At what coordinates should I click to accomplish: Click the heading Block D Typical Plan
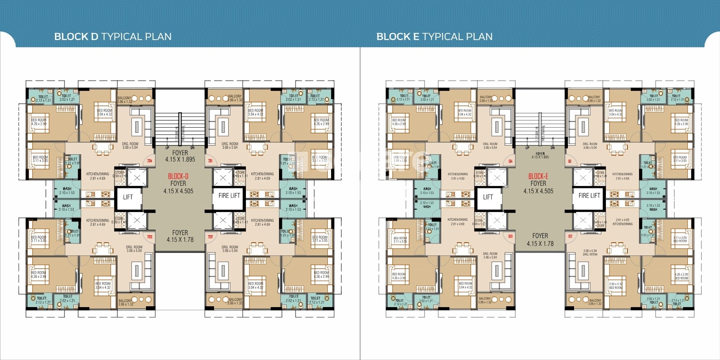pos(112,36)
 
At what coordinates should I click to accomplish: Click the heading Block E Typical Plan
pos(434,36)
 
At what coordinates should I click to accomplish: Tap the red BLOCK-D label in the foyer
pos(178,176)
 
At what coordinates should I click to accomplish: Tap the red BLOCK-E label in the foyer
pos(538,176)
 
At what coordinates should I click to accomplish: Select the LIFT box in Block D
pos(128,197)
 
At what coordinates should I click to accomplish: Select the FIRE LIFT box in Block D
pos(229,195)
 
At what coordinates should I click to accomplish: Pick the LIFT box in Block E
pos(488,197)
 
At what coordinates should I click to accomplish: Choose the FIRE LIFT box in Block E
pos(589,195)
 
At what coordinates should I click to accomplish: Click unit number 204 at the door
pos(150,161)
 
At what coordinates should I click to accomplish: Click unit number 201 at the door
pos(210,161)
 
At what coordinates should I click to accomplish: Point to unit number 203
pos(150,237)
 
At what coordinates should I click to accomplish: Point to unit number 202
pos(210,237)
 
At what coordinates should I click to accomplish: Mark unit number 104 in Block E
pos(510,161)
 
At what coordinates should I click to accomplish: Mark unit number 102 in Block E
pos(570,237)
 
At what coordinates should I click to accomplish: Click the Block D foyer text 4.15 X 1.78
pos(180,240)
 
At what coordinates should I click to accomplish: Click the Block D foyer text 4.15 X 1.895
pos(180,159)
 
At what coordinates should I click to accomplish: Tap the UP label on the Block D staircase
pos(167,148)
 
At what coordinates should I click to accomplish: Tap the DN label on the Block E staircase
pos(552,148)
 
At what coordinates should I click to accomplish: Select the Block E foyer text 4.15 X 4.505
pos(538,191)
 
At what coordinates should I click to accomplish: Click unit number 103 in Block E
pos(510,237)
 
